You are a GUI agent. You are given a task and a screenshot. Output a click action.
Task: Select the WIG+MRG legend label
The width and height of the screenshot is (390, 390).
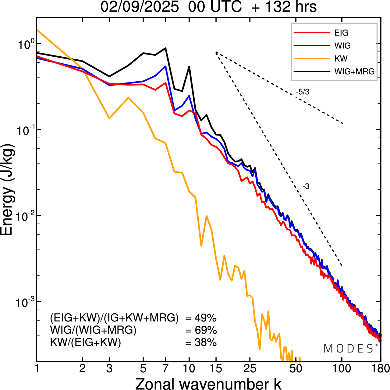click(x=354, y=72)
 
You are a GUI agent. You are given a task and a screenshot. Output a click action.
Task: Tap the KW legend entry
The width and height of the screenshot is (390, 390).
click(x=341, y=58)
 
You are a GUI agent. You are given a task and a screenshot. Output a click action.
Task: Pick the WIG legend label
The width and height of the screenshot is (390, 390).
click(x=342, y=46)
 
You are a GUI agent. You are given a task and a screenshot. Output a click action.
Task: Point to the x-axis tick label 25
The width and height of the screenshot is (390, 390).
click(x=250, y=369)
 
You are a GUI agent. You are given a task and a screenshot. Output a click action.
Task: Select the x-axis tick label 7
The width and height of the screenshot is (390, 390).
click(x=165, y=369)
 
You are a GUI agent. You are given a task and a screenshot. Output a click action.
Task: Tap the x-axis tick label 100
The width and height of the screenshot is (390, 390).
click(x=342, y=369)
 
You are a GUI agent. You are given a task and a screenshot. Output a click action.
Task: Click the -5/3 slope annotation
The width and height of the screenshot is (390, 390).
click(x=302, y=92)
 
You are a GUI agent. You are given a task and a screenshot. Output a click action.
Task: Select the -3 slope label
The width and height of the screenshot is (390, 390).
click(x=306, y=187)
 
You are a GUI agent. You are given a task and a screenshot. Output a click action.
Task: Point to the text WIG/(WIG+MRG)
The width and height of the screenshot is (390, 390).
click(x=93, y=330)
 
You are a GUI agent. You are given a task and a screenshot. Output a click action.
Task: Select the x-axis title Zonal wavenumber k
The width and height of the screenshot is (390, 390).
click(x=208, y=383)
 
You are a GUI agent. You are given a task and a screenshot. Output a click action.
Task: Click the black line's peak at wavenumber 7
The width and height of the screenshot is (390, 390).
click(x=165, y=48)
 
